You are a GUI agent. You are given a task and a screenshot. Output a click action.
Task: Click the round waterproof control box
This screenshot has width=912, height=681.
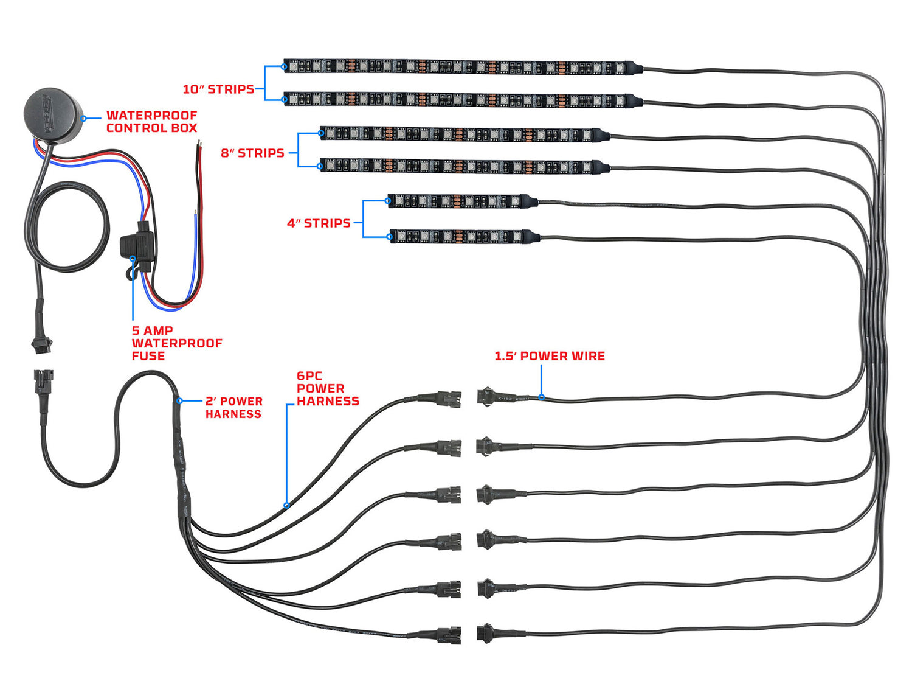point(53,115)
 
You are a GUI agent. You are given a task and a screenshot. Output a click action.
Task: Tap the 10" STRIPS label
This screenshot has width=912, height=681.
point(218,89)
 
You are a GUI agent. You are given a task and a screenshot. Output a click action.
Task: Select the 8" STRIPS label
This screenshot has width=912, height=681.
point(252,153)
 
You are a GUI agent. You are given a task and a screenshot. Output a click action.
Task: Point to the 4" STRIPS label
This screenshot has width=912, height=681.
point(319,223)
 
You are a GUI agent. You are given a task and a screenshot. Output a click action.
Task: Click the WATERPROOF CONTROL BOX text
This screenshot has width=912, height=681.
point(151,122)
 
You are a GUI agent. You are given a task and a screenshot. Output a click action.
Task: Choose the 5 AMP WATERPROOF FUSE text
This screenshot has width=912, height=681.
point(176,343)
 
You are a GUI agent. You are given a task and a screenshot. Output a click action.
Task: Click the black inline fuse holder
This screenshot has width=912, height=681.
point(137,246)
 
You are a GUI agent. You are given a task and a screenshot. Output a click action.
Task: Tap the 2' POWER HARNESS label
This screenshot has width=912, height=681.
point(233,408)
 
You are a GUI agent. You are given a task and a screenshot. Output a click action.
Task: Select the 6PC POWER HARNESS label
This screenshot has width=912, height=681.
point(327,389)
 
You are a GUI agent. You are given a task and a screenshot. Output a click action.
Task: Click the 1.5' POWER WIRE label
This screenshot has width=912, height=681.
point(550,356)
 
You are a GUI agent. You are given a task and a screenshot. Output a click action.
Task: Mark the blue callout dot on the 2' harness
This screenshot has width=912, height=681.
point(180,401)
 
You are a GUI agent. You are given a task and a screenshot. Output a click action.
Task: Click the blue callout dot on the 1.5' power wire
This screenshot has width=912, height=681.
point(541,398)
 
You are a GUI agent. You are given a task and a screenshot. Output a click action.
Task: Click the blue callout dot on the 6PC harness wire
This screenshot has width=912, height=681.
point(286,505)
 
